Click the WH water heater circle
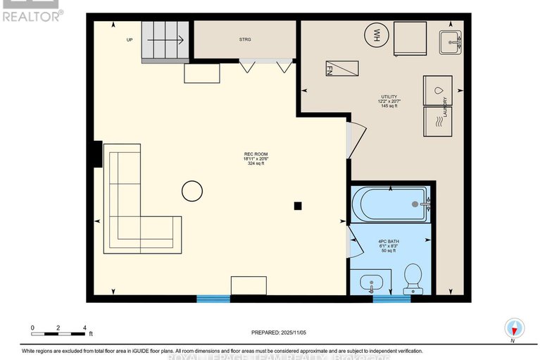[x=376, y=34]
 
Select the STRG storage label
[x=244, y=39]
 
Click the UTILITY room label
[x=388, y=101]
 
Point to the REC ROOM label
[x=256, y=158]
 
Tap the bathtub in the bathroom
[x=390, y=204]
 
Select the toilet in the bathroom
[x=412, y=277]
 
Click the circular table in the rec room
[x=191, y=190]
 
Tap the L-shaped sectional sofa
[x=134, y=204]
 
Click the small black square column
[x=298, y=206]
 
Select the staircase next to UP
[x=165, y=41]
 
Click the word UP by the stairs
[x=129, y=40]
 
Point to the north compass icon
[x=515, y=328]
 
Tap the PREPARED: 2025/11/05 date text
[x=280, y=333]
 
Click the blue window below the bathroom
[x=391, y=299]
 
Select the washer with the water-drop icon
[x=438, y=91]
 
